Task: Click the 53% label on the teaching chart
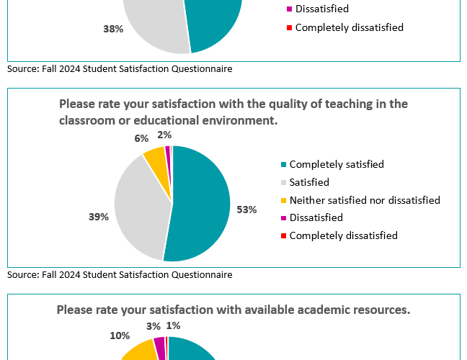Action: tap(246, 210)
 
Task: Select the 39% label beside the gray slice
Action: tap(99, 217)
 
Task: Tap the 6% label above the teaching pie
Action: tap(141, 138)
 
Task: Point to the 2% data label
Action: tap(164, 134)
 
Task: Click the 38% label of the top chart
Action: tap(114, 29)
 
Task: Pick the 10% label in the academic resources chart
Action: tap(120, 336)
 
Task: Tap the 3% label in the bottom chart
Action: tap(153, 327)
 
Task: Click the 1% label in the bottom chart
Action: tap(173, 325)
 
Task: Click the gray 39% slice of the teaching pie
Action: tap(141, 209)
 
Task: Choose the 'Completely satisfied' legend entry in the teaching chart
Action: tap(336, 164)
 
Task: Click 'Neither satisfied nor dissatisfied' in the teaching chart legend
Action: tap(364, 200)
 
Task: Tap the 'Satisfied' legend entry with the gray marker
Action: tap(308, 182)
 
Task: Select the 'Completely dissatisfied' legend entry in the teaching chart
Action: tap(343, 235)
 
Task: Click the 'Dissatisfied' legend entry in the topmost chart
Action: tap(321, 9)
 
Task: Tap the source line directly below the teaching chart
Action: tap(120, 274)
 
